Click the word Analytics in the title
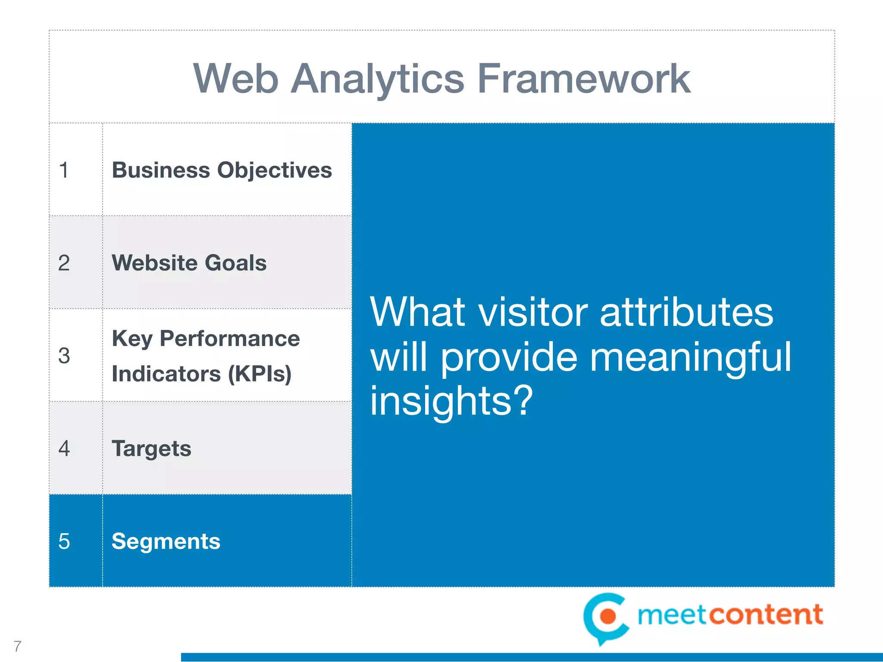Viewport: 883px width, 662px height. pyautogui.click(x=377, y=79)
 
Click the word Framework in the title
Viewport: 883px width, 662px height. pyautogui.click(x=584, y=79)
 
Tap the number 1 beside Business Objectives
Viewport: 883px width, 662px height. pyautogui.click(x=64, y=170)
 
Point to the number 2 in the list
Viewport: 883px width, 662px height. pyautogui.click(x=64, y=263)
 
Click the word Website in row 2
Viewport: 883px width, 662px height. pyautogui.click(x=154, y=263)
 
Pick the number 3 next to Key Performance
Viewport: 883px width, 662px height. pyautogui.click(x=64, y=356)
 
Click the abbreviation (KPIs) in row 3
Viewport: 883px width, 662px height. pyautogui.click(x=260, y=374)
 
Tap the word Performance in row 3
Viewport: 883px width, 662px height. pyautogui.click(x=229, y=339)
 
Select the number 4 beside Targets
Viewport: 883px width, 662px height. pyautogui.click(x=64, y=449)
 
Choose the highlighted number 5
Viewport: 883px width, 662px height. pyautogui.click(x=64, y=541)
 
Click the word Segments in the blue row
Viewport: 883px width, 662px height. pyautogui.click(x=166, y=542)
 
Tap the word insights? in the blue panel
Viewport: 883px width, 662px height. pyautogui.click(x=451, y=401)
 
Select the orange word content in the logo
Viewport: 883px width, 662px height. pyautogui.click(x=766, y=615)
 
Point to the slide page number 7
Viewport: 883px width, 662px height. pyautogui.click(x=17, y=646)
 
